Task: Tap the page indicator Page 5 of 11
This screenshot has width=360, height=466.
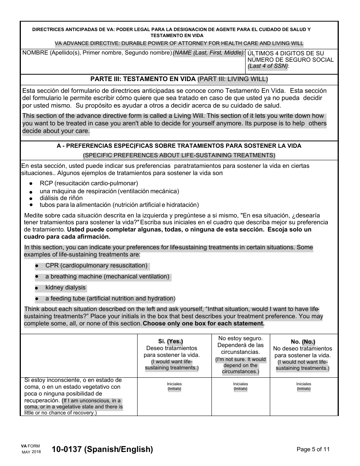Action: click(313, 449)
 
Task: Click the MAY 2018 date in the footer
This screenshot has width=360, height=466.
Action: click(31, 452)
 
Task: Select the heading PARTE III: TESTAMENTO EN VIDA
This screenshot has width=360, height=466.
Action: click(143, 79)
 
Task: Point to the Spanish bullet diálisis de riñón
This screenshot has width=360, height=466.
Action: click(61, 198)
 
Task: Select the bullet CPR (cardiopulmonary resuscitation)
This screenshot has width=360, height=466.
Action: click(96, 266)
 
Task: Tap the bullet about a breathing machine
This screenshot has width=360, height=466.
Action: click(107, 277)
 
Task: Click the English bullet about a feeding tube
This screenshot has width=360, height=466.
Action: click(110, 299)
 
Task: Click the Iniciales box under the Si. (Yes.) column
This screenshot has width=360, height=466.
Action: click(174, 396)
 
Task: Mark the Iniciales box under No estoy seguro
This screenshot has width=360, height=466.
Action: click(241, 396)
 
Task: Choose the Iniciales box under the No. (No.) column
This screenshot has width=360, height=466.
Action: click(304, 396)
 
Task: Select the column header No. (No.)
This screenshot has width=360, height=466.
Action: click(303, 341)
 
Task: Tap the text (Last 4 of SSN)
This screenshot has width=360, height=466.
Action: click(268, 66)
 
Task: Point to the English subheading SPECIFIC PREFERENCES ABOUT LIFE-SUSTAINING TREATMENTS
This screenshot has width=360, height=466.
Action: click(179, 155)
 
